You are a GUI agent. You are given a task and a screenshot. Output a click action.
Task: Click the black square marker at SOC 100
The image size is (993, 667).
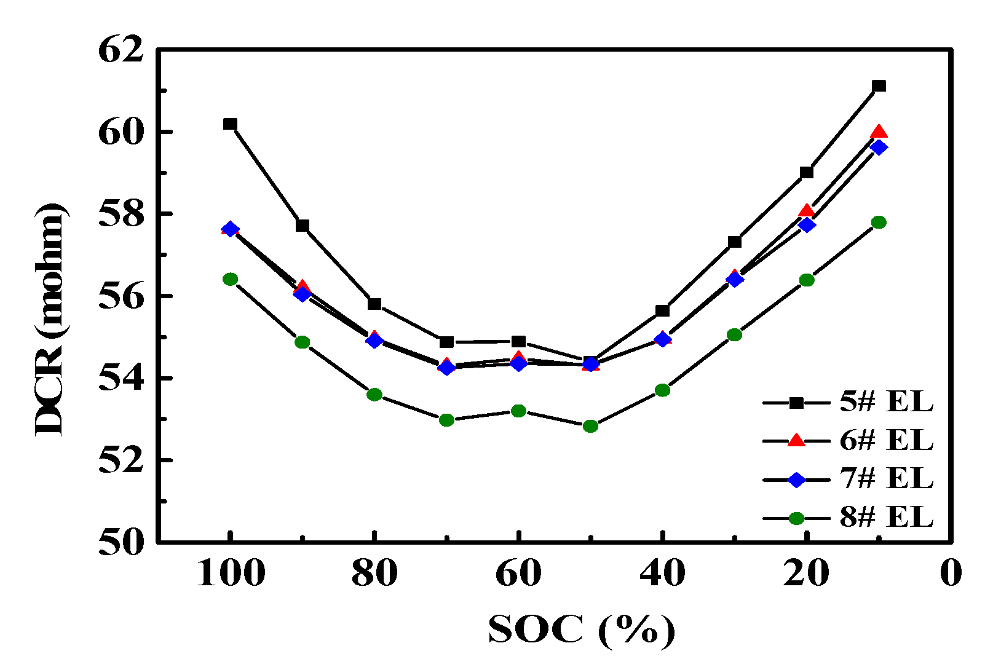[x=230, y=124]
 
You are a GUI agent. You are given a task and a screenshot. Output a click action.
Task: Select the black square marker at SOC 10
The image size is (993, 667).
[x=879, y=86]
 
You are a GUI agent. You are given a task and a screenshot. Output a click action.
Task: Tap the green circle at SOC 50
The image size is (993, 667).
[x=590, y=426]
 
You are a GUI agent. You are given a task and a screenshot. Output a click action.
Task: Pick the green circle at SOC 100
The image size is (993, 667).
[x=230, y=279]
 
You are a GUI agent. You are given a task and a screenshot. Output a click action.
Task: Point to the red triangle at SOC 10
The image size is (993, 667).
[x=879, y=132]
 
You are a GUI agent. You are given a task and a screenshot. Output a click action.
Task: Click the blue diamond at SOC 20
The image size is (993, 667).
[x=807, y=225]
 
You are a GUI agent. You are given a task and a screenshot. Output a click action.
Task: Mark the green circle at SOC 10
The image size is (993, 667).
[x=879, y=222]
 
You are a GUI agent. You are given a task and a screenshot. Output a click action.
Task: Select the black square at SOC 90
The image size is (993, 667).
[x=302, y=226]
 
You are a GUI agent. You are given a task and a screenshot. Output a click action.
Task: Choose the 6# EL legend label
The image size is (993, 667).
[x=886, y=441]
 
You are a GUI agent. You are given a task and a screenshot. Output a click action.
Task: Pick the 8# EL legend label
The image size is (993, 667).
[x=886, y=518]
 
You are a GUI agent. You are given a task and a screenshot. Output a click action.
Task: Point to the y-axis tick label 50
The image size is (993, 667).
[x=121, y=542]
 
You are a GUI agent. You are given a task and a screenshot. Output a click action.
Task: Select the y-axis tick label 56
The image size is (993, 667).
[x=121, y=296]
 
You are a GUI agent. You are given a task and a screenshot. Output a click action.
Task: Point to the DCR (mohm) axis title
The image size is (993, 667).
[x=50, y=320]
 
